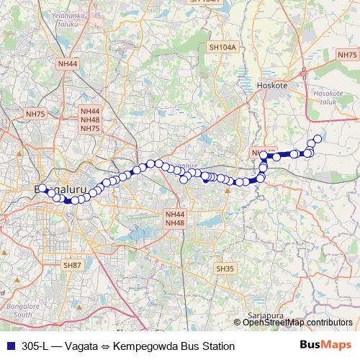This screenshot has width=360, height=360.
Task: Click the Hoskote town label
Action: [x=271, y=85]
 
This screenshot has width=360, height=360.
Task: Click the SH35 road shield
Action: [x=225, y=269]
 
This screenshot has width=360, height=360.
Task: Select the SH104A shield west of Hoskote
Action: [x=222, y=48]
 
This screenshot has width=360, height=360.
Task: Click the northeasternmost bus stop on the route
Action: [x=318, y=139]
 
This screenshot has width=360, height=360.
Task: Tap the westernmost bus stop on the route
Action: [x=42, y=188]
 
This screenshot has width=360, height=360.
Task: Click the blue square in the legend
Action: [x=9, y=346]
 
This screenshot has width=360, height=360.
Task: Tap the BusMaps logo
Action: [x=326, y=346]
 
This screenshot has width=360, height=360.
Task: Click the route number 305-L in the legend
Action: [x=35, y=346]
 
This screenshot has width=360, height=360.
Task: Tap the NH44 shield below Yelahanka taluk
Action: [x=67, y=64]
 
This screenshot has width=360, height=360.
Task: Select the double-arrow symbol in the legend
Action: [x=104, y=346]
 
